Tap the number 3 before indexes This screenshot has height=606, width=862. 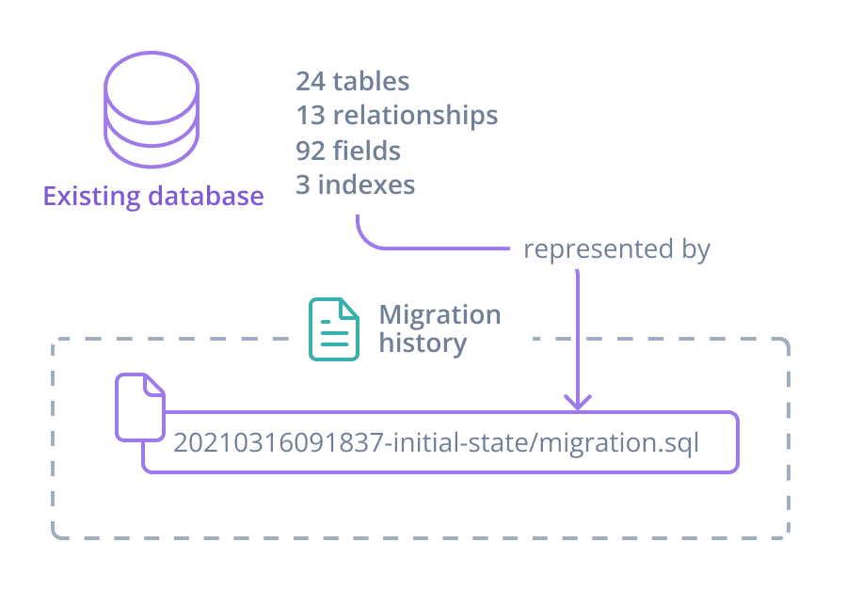[x=303, y=184]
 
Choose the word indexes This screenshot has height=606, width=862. [x=366, y=184]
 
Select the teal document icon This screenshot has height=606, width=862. [x=334, y=329]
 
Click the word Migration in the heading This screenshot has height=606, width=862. [x=439, y=314]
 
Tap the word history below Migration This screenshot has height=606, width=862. [x=423, y=343]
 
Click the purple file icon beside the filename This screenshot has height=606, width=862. [x=139, y=407]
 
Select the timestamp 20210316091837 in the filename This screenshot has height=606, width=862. [x=279, y=442]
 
